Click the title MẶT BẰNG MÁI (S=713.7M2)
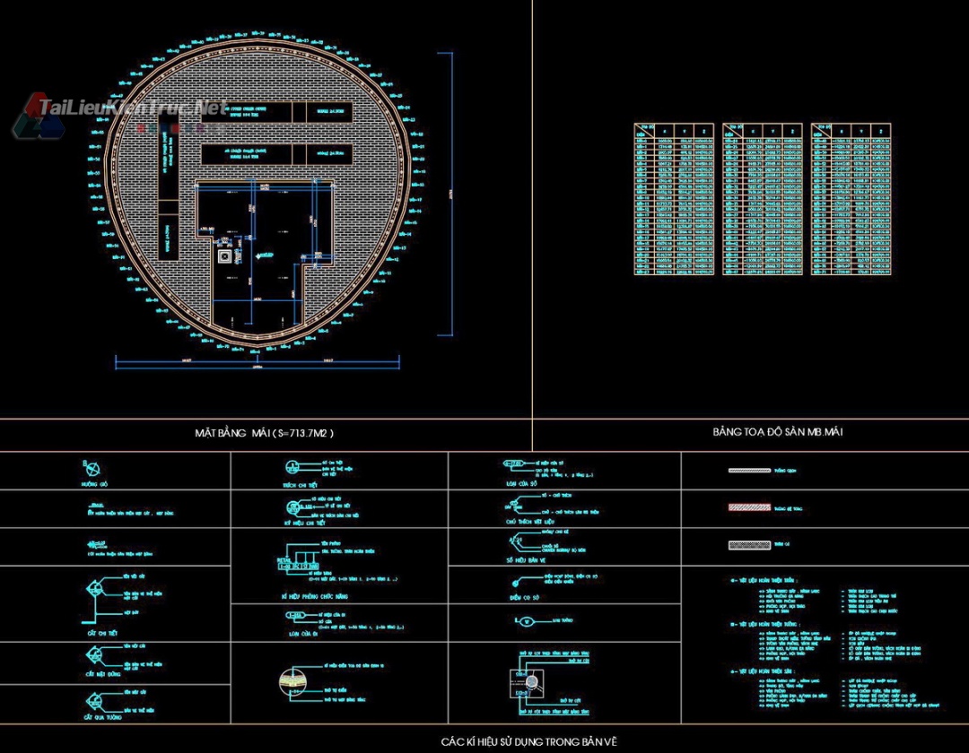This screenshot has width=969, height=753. click(264, 433)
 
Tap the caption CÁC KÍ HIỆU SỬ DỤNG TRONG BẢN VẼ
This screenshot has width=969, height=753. click(528, 741)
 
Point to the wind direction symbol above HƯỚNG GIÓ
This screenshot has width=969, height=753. click(92, 468)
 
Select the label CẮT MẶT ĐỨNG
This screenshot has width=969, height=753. click(103, 674)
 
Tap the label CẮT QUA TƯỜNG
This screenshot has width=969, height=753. click(103, 717)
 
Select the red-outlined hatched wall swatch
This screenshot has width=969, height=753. click(749, 507)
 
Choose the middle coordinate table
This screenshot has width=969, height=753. click(763, 199)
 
